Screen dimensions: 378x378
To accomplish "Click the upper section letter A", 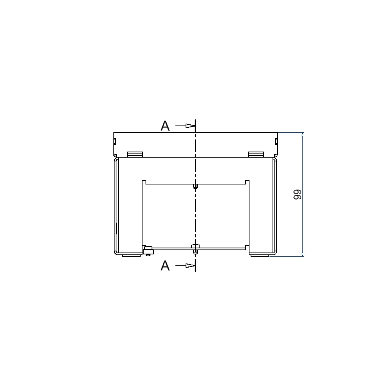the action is pyautogui.click(x=165, y=125).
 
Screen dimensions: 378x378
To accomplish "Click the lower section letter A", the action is pyautogui.click(x=165, y=266).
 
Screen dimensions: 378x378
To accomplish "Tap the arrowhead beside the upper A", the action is pyautogui.click(x=190, y=126).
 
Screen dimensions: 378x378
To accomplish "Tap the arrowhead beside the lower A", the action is pyautogui.click(x=190, y=266).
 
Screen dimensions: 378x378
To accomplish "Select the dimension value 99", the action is pyautogui.click(x=297, y=195).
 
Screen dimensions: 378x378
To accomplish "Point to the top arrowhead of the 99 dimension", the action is pyautogui.click(x=303, y=134).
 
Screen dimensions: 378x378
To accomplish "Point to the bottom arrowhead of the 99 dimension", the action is pyautogui.click(x=303, y=254).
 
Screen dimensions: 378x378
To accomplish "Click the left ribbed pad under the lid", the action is pyautogui.click(x=135, y=155).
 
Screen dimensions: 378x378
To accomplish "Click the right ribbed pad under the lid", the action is pyautogui.click(x=256, y=155).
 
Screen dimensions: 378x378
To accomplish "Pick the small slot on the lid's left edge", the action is pyautogui.click(x=115, y=141).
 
